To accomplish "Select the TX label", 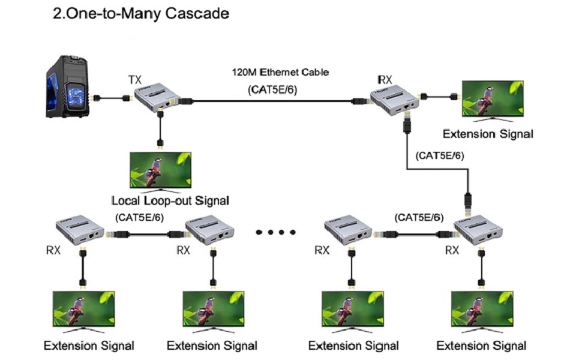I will tap(135, 79).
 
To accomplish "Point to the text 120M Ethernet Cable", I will tap(281, 73).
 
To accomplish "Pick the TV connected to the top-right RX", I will tap(489, 98).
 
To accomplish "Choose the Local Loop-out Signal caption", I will tap(170, 200).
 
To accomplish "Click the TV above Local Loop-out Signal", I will tap(161, 170).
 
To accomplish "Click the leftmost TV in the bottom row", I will tap(83, 310).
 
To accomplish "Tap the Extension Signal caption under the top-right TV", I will tap(487, 134).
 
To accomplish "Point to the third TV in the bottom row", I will tap(351, 310).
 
